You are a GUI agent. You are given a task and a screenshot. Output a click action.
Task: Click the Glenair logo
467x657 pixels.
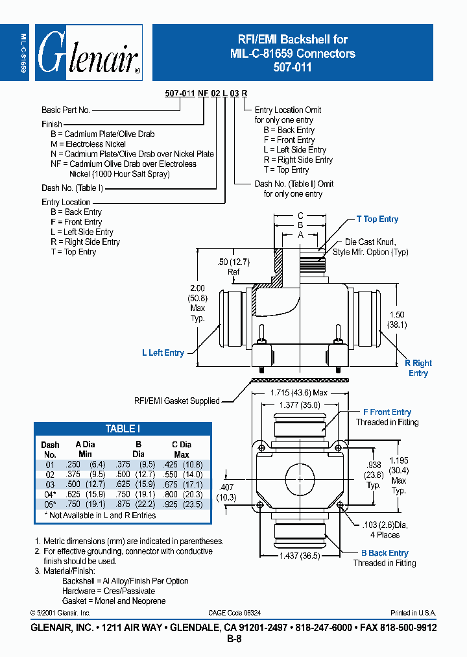click(x=88, y=53)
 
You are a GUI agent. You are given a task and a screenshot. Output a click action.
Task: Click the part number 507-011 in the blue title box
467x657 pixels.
click(x=293, y=66)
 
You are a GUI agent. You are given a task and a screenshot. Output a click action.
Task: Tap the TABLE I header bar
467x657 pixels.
click(x=123, y=429)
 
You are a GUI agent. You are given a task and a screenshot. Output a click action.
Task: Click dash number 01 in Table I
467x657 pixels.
click(x=50, y=465)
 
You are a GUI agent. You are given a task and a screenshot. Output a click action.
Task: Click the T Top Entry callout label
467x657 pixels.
click(x=377, y=219)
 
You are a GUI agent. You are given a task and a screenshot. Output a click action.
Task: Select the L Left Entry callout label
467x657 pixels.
click(x=163, y=353)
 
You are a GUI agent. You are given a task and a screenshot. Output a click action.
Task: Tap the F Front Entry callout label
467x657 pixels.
click(x=387, y=412)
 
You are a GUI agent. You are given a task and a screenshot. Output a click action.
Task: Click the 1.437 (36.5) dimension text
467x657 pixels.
click(x=300, y=556)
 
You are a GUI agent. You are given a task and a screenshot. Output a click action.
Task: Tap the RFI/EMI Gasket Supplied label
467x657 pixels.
click(x=177, y=401)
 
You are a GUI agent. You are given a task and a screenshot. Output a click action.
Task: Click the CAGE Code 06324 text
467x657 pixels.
click(x=235, y=613)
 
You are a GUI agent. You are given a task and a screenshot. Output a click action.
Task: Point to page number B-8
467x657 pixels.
click(x=233, y=639)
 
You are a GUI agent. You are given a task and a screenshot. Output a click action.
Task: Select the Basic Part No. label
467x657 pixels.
click(x=66, y=110)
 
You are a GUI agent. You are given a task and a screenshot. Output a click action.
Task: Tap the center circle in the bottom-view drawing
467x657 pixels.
click(x=300, y=478)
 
